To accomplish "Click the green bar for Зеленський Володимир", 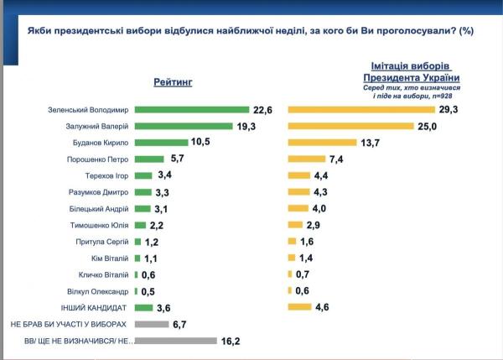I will pos(191,109).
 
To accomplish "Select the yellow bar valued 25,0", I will pos(350,126).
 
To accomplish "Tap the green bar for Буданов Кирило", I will pos(161,142).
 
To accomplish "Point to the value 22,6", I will pos(263,109).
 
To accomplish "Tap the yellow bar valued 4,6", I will pos(299,307).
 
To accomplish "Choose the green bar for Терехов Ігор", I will pos(143,175).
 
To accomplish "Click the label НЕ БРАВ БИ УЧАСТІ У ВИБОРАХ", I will pos(69,324).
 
